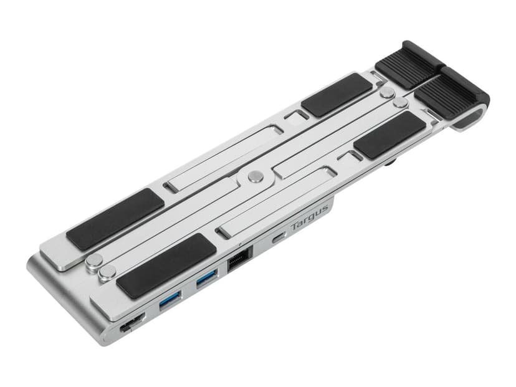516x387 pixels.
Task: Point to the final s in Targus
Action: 325,209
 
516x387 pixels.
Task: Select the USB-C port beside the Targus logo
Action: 279,237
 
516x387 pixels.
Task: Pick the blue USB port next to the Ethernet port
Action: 207,279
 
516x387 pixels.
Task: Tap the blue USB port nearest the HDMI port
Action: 170,300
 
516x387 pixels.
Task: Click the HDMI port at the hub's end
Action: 132,323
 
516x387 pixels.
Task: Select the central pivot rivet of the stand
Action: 255,176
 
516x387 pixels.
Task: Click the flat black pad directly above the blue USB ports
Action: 166,266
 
